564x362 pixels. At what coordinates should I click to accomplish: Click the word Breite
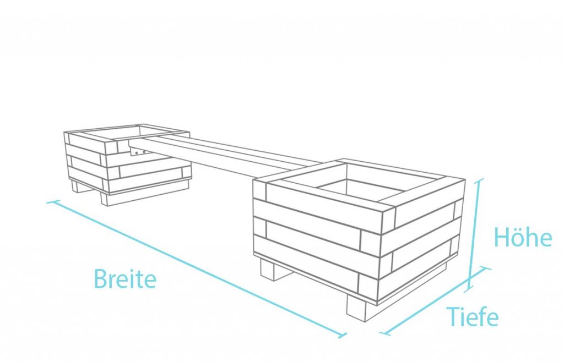click(x=125, y=278)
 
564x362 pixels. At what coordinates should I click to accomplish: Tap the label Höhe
click(x=523, y=237)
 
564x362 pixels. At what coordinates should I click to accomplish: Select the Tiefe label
click(x=473, y=316)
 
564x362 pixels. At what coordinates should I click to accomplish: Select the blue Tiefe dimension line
click(x=435, y=301)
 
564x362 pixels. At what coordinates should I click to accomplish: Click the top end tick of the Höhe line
click(x=479, y=180)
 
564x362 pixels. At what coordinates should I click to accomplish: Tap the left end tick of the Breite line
click(x=52, y=202)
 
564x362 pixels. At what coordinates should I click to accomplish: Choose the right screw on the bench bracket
click(x=144, y=152)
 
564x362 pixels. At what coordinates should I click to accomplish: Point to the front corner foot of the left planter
click(x=109, y=198)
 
